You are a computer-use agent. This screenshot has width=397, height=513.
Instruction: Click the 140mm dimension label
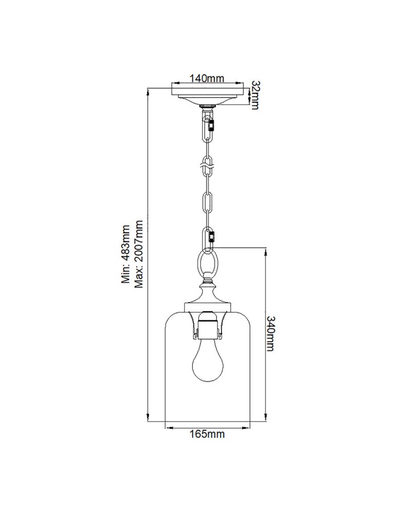(207, 78)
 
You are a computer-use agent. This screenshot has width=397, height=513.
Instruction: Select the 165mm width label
(207, 434)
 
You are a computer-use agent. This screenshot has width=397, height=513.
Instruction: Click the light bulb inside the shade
(207, 362)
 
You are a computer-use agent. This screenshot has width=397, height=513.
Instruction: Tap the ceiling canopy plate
(207, 95)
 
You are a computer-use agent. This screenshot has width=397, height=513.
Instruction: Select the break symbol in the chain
(207, 165)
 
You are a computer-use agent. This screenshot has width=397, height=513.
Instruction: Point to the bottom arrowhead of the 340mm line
(265, 418)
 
